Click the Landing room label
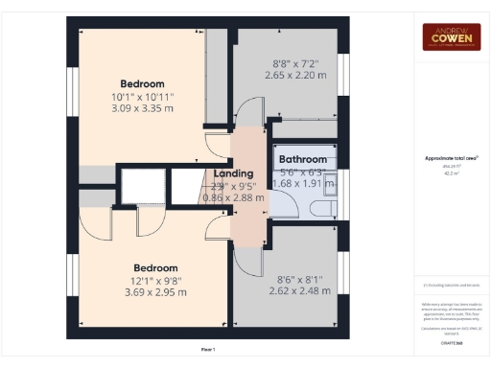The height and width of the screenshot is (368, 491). pos(235,172)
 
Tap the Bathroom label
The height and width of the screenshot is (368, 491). pos(302,159)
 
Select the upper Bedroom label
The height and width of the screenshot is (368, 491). pos(142,83)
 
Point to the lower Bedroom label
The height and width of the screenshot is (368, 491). pos(155,267)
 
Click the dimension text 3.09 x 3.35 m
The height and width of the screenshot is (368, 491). pos(142,110)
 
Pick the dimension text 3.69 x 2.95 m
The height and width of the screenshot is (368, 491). pos(155,294)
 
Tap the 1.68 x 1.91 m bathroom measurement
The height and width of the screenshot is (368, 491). pos(302,183)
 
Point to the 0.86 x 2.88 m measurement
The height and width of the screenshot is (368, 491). pos(235,196)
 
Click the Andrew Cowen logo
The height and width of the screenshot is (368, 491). pos(452,36)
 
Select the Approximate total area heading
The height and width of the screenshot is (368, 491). pos(451,158)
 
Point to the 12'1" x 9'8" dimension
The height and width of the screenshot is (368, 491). pos(155,281)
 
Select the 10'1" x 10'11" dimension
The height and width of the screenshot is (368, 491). pos(142,97)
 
